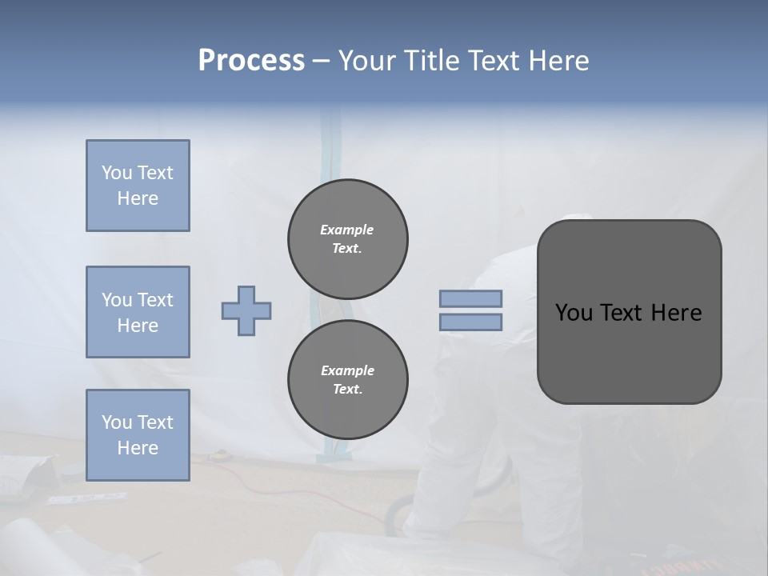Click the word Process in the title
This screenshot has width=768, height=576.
point(251,61)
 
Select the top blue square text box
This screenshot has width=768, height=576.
point(138,186)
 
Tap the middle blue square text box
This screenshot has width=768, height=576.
point(138,312)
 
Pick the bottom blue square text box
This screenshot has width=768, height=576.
point(138,435)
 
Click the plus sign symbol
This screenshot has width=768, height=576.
point(246,310)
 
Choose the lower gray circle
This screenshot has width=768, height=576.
point(347,379)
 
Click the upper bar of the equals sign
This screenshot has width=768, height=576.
point(470,298)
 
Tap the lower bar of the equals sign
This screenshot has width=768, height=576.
point(470,322)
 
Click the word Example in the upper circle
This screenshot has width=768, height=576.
point(347,230)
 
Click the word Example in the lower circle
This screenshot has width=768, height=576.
point(347,370)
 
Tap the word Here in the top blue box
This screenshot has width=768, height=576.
point(138,198)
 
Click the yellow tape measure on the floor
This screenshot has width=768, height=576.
point(217,455)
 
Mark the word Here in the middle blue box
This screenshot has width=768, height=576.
point(138,326)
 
